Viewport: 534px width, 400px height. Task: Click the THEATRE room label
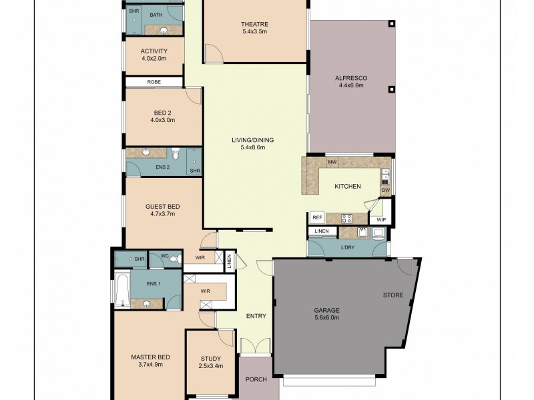[254, 25]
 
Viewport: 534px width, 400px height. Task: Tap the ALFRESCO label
[351, 78]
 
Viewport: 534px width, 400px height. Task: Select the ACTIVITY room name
[154, 51]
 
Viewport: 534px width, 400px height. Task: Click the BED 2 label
[162, 113]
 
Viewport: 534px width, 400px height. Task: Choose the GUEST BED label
[164, 207]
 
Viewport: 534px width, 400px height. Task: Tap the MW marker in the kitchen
[332, 162]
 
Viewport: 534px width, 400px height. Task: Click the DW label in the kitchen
[385, 191]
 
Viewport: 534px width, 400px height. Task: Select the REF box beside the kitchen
[317, 217]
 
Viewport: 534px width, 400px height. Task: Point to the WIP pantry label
[381, 219]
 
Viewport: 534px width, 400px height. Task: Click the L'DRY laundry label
[347, 248]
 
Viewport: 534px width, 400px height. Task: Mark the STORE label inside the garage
[392, 295]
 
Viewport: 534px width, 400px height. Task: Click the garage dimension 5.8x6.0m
[327, 318]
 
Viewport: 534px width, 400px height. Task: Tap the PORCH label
[256, 379]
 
